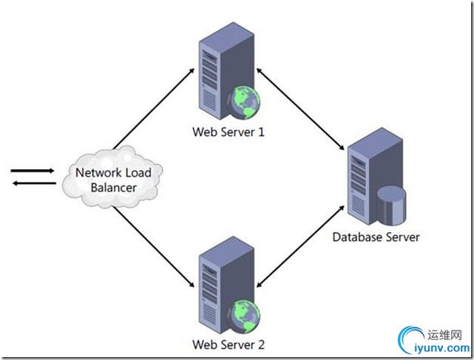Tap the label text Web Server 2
(228, 344)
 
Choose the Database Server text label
(376, 237)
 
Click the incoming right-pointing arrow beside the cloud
(33, 171)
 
